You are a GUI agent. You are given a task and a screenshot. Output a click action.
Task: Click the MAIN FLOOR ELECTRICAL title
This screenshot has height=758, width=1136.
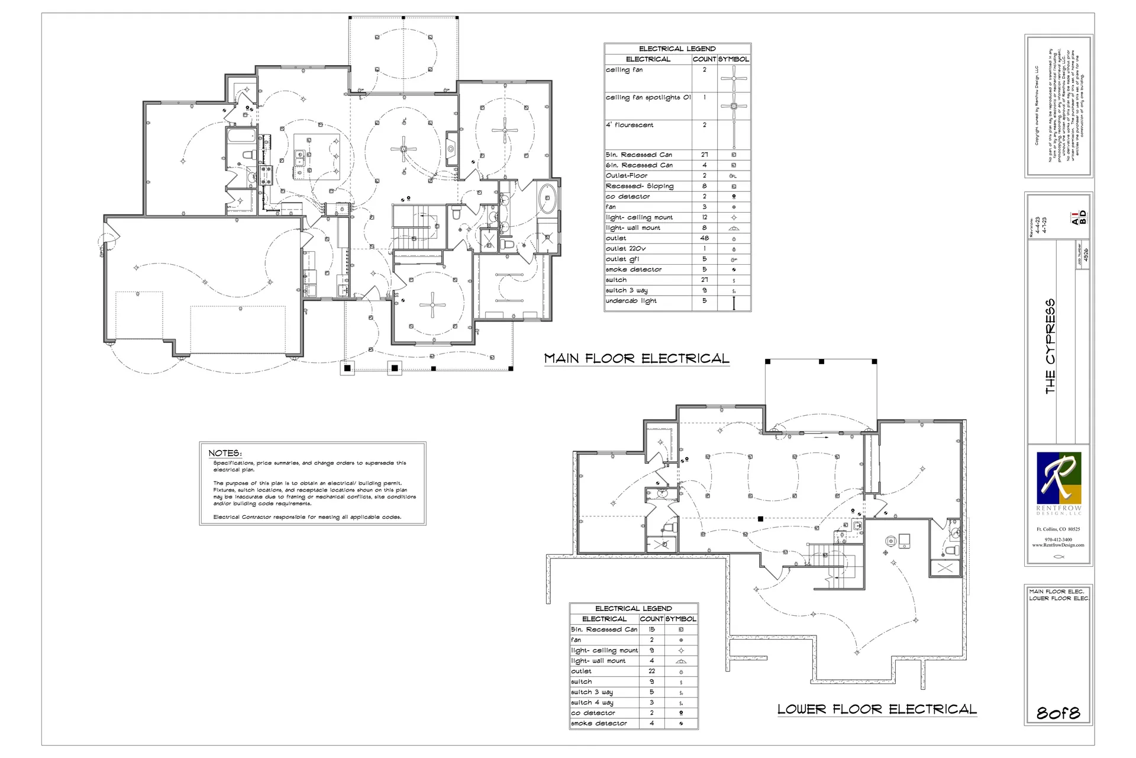click(x=637, y=358)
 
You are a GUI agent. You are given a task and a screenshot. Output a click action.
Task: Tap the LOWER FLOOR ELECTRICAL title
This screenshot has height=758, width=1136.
click(x=876, y=709)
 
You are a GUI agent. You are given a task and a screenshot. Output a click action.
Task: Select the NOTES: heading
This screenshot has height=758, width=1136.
click(x=225, y=453)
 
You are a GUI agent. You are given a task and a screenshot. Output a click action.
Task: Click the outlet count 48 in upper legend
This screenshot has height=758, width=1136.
click(x=704, y=238)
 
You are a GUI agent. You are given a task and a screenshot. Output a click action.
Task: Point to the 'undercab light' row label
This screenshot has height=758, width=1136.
click(x=631, y=301)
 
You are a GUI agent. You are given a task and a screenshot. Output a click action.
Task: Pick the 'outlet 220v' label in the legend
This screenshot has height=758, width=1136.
click(x=625, y=249)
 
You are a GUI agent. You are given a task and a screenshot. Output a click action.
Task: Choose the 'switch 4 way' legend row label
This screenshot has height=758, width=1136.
click(x=592, y=702)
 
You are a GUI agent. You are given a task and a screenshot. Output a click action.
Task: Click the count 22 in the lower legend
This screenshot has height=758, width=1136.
click(x=651, y=671)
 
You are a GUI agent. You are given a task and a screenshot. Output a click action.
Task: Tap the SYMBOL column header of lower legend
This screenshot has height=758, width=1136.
click(x=680, y=619)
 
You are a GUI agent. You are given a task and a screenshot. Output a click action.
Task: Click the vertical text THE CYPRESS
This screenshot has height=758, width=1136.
click(x=1050, y=346)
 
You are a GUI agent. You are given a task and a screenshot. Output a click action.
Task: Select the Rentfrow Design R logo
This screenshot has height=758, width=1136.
click(x=1058, y=478)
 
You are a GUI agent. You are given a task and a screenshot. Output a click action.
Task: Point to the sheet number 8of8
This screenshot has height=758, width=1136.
click(x=1058, y=713)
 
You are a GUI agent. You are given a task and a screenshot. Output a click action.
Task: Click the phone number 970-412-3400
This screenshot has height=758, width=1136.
click(x=1058, y=539)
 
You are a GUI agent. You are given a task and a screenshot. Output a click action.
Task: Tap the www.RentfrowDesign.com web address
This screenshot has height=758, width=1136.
click(x=1058, y=545)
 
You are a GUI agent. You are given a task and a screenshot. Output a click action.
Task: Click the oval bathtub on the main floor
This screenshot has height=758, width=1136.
click(x=548, y=198)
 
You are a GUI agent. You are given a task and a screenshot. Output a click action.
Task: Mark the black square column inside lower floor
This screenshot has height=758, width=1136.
click(x=760, y=519)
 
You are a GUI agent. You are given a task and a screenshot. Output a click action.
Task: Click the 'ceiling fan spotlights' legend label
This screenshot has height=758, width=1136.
click(x=647, y=98)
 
